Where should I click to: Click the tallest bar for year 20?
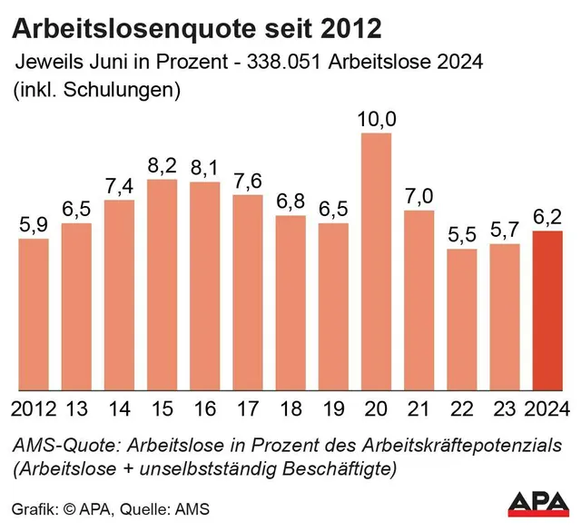pyautogui.click(x=376, y=261)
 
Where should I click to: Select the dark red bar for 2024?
pyautogui.click(x=547, y=310)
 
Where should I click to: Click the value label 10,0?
pyautogui.click(x=376, y=119)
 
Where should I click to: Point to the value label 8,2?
pyautogui.click(x=162, y=166)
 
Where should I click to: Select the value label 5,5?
pyautogui.click(x=462, y=235)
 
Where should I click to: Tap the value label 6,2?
pyautogui.click(x=547, y=218)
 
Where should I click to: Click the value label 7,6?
pyautogui.click(x=248, y=182)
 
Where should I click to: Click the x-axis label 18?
pyautogui.click(x=290, y=408)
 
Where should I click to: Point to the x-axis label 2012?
pyautogui.click(x=34, y=408)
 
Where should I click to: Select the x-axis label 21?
pyautogui.click(x=419, y=408)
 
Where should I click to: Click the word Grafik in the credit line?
pyautogui.click(x=33, y=506)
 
